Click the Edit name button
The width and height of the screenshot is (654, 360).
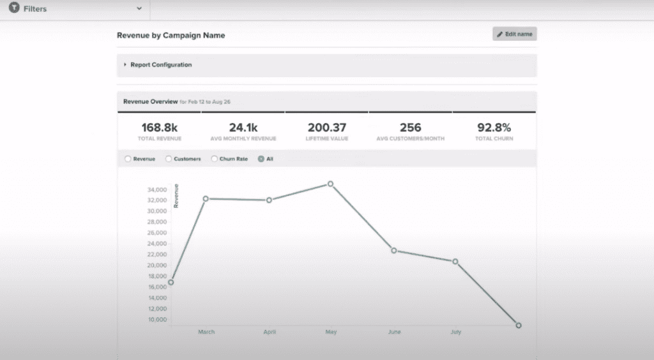[x=514, y=34]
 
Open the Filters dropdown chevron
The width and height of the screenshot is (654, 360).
[x=139, y=9]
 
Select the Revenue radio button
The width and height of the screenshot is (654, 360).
[x=128, y=159]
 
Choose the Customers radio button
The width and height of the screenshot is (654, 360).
[x=169, y=159]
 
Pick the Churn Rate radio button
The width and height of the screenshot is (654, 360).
[x=214, y=159]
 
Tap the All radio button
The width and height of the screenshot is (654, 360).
[x=261, y=159]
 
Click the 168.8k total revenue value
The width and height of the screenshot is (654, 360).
[x=160, y=128]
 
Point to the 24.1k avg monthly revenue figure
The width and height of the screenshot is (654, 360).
[x=243, y=128]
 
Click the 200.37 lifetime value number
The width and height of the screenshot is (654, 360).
[x=326, y=128]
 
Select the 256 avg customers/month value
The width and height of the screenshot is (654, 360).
[x=411, y=128]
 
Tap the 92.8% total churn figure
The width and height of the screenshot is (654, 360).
[x=494, y=128]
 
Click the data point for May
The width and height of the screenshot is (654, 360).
[x=330, y=184]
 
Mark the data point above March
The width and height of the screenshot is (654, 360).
[x=206, y=199]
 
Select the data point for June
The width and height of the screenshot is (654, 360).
[x=393, y=250]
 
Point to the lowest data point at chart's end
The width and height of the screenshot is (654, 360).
[x=518, y=326]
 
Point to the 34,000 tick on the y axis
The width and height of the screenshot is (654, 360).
[x=156, y=190]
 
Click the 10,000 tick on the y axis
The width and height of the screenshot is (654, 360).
[x=156, y=319]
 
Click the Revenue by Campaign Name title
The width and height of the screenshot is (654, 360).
[x=171, y=36]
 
